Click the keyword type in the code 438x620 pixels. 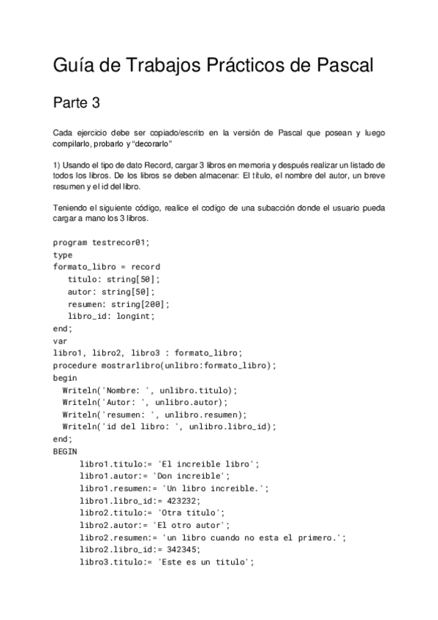(63, 255)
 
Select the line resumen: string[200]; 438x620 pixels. (118, 303)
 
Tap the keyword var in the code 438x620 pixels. (60, 340)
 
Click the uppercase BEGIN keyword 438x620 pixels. (65, 452)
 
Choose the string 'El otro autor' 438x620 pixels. (188, 525)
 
